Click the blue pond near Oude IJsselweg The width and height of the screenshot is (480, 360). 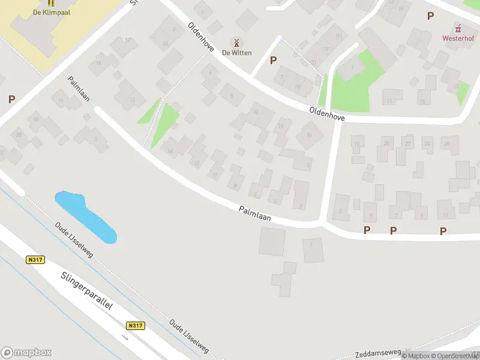(x=84, y=216)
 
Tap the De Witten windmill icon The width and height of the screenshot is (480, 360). (x=236, y=42)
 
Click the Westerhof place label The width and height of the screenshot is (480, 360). (x=458, y=38)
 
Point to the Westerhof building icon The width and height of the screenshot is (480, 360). (x=458, y=28)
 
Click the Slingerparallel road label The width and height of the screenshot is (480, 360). (x=87, y=292)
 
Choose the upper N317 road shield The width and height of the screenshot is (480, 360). (x=36, y=260)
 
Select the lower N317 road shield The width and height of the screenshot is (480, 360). (x=136, y=325)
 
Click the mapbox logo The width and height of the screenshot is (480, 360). (x=26, y=353)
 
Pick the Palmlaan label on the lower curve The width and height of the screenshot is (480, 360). (x=254, y=214)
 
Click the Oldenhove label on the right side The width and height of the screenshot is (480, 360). (x=327, y=114)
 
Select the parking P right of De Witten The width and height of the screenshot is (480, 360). (x=274, y=60)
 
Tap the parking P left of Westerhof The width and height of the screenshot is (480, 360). (x=430, y=16)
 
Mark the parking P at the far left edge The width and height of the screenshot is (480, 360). (x=11, y=100)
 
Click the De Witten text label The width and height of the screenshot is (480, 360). (x=236, y=53)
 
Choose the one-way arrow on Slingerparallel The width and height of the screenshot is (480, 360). (x=125, y=337)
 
